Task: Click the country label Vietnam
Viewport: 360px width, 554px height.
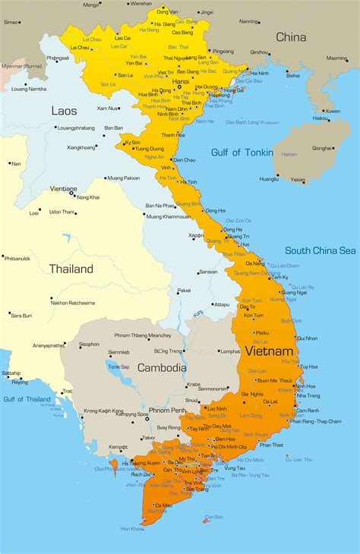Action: pos(268,352)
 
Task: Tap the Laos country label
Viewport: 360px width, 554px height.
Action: pos(64,111)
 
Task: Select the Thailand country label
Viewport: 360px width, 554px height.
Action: pos(71,269)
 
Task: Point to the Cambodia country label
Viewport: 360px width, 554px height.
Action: pos(162,368)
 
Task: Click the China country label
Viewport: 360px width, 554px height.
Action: pos(291,36)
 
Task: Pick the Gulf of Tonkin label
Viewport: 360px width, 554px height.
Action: pos(235,153)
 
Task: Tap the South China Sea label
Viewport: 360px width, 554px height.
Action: pos(320,250)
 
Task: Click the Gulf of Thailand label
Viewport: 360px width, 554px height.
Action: pos(26,398)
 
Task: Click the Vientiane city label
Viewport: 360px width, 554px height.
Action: pos(63,188)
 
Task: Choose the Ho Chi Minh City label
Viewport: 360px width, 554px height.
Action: pos(232,448)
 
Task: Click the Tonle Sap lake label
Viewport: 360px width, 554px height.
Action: pos(118,367)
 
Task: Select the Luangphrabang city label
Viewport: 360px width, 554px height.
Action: pos(77,127)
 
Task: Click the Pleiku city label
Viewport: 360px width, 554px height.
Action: pos(261,332)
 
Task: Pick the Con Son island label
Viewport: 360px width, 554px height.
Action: pos(215,517)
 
